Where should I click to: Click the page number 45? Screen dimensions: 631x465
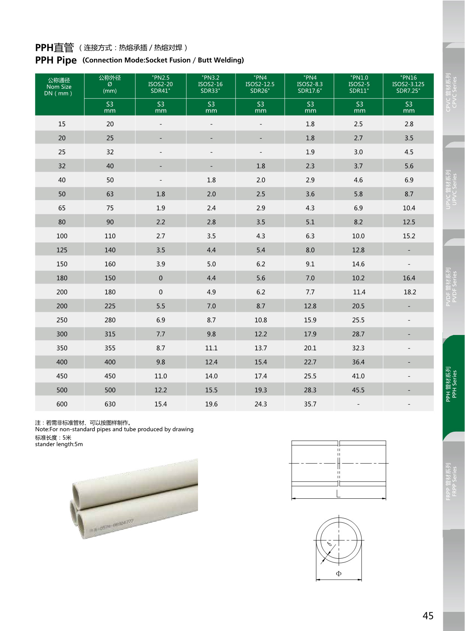pos(428,616)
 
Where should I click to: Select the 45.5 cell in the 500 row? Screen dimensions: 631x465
pos(358,390)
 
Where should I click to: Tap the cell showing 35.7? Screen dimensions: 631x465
pos(310,404)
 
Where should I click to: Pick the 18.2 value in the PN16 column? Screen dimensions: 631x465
pos(409,292)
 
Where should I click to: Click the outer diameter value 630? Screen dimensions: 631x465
pos(110,404)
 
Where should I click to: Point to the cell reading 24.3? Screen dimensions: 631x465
pos(261,404)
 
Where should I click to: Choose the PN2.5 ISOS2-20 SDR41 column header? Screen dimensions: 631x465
pos(160,84)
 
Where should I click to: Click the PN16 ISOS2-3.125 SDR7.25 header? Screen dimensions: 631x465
pos(408,84)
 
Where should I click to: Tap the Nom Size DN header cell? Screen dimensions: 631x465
pos(59,87)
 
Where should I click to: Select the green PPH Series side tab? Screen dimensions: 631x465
pos(451,384)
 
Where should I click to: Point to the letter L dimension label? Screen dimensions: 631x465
pos(338,494)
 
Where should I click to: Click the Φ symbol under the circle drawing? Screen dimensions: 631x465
pos(339,573)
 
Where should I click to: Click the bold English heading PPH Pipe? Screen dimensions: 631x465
pos(56,60)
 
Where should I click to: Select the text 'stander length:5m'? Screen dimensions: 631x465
pos(59,444)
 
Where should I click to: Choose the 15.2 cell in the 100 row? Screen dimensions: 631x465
pos(409,236)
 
